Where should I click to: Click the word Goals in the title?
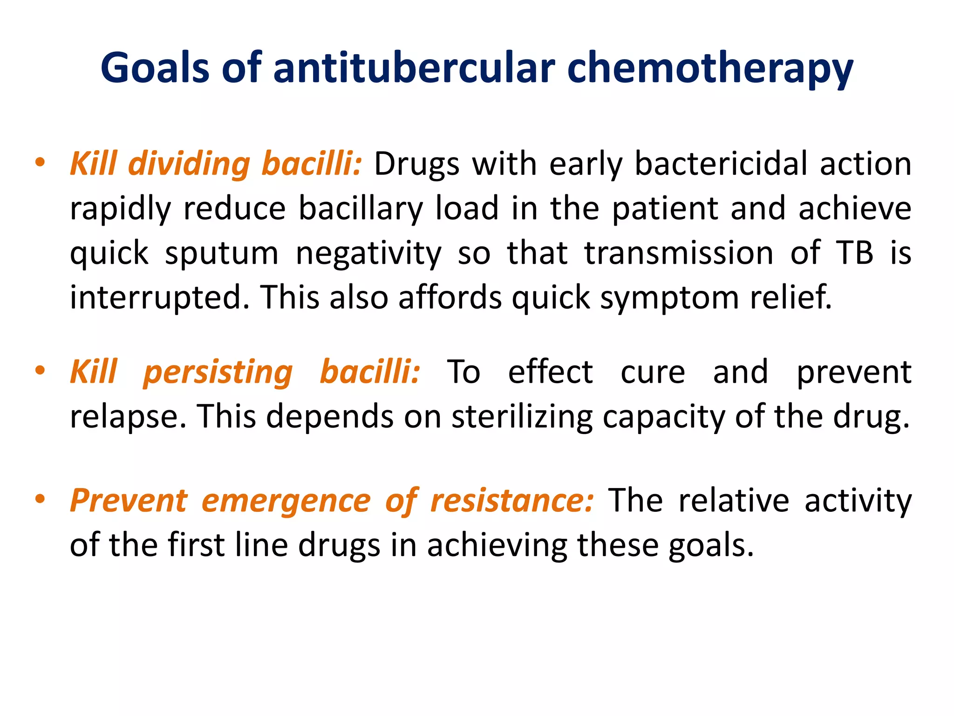pyautogui.click(x=155, y=68)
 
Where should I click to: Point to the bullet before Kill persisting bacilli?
pyautogui.click(x=40, y=371)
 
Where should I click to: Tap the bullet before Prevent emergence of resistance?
pyautogui.click(x=40, y=499)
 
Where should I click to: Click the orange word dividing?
pyautogui.click(x=189, y=164)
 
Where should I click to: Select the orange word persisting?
pyautogui.click(x=218, y=372)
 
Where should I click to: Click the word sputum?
pyautogui.click(x=222, y=254)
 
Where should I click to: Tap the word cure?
pyautogui.click(x=653, y=372)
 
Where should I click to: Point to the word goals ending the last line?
pyautogui.click(x=710, y=545)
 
